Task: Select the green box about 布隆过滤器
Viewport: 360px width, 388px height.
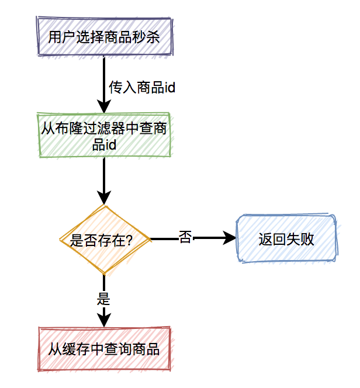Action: pos(104,136)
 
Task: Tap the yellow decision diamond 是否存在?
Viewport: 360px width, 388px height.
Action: pos(104,239)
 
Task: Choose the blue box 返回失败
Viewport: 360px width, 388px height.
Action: pos(286,239)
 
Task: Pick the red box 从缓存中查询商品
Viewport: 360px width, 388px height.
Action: pos(104,349)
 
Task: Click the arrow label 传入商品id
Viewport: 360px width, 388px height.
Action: pos(143,88)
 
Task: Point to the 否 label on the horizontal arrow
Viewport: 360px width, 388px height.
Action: pos(185,238)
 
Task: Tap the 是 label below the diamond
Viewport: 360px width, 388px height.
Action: pos(103,299)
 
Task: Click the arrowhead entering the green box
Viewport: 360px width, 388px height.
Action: pos(104,107)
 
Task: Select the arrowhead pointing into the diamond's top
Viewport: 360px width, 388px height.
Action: pos(104,199)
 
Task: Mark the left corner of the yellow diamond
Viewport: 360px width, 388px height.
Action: pos(61,240)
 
